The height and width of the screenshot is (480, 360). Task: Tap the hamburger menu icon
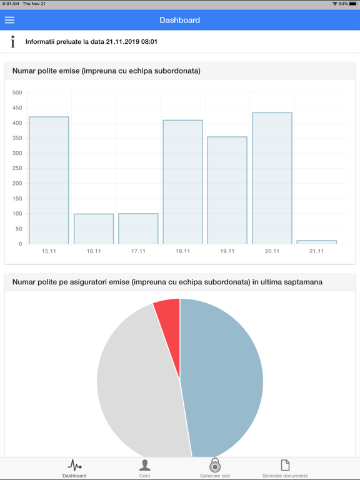click(x=9, y=20)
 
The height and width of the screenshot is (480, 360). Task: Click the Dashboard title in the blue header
click(x=180, y=20)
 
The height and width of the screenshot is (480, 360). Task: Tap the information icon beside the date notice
click(x=12, y=42)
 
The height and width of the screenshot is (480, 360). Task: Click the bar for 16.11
click(x=94, y=229)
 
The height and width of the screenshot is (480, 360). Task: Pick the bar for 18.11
click(x=182, y=182)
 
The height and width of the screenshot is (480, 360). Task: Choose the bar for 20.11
click(x=272, y=178)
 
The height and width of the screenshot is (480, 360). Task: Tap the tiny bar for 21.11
click(x=317, y=242)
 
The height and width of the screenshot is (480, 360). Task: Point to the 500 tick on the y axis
click(x=17, y=92)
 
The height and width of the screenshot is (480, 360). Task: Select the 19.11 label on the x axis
click(x=227, y=251)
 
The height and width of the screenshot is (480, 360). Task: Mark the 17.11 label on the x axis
click(x=138, y=251)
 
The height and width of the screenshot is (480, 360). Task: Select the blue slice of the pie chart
click(x=225, y=375)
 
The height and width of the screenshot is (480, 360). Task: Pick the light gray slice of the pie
click(x=137, y=381)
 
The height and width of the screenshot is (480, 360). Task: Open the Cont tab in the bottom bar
click(x=144, y=468)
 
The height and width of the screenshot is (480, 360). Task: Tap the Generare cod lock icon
click(x=215, y=466)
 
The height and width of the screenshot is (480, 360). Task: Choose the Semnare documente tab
click(x=285, y=468)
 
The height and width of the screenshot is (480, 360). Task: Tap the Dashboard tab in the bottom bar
click(x=74, y=468)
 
